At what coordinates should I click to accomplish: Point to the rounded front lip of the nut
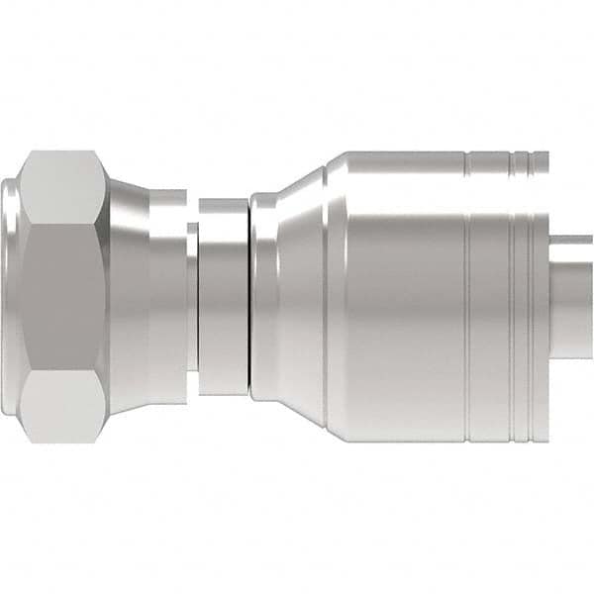coord(12,297)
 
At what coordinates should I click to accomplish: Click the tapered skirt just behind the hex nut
coord(129,297)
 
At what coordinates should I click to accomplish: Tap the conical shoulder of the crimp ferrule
coord(292,297)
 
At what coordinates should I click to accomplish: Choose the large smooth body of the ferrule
coord(396,317)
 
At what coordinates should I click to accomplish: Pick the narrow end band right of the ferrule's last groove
coord(542,297)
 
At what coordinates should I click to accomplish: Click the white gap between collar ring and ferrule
coord(247,297)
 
